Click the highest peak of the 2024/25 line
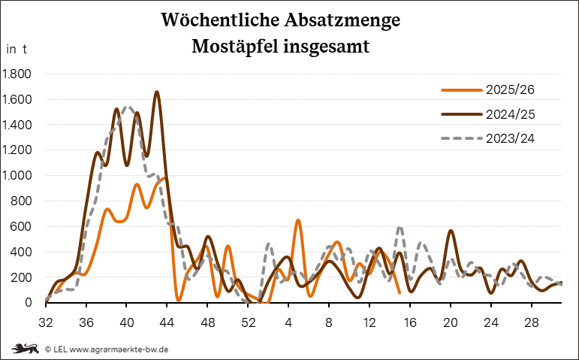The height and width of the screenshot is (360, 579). [157, 92]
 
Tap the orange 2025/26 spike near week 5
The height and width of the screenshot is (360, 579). [298, 220]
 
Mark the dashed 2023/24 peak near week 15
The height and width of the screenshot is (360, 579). [400, 226]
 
